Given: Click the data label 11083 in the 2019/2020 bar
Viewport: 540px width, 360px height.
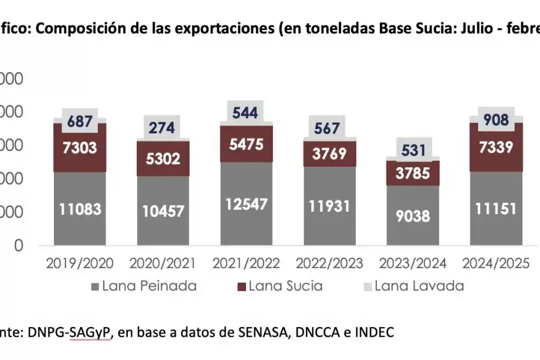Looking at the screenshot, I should point(80,209).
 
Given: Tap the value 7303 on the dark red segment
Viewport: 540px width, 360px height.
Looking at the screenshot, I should point(80,146).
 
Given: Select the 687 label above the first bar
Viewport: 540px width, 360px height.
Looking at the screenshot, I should point(80,122).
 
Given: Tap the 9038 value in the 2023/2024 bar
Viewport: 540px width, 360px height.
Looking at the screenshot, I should point(413,216).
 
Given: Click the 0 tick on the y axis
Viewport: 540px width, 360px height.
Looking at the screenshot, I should point(19,245).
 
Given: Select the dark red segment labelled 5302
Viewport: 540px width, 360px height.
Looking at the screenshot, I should point(163,158).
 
